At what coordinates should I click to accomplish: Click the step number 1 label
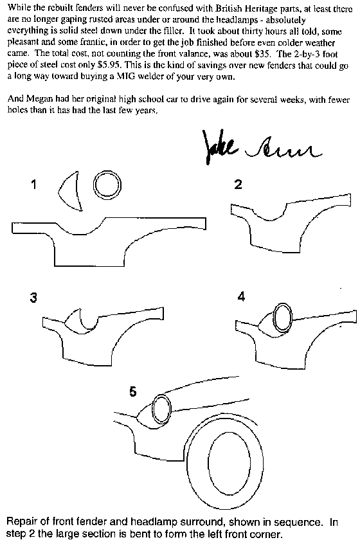point(33,185)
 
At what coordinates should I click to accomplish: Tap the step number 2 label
point(238,184)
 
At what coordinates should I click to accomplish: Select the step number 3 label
point(33,297)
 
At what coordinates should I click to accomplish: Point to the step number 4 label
point(241,296)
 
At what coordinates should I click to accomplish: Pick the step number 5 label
point(132,392)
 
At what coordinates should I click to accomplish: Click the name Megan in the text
point(39,100)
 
